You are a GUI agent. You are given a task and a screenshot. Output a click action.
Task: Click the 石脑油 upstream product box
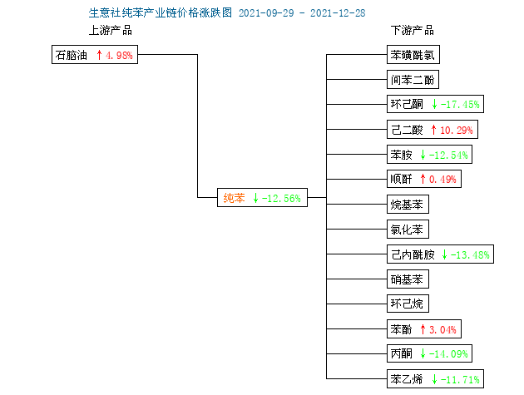[x=95, y=55]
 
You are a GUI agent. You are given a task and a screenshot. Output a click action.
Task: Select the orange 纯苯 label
[x=234, y=198]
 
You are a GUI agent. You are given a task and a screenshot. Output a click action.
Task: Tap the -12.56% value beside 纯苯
[x=281, y=198]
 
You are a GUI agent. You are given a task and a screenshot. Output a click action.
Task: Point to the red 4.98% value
[x=119, y=55]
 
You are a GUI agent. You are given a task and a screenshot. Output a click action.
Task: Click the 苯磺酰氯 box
[x=413, y=55]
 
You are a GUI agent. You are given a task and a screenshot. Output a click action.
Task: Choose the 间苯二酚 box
[x=413, y=80]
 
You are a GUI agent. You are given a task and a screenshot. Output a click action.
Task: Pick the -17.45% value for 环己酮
[x=460, y=104]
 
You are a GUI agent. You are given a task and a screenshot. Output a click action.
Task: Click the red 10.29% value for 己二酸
[x=456, y=130]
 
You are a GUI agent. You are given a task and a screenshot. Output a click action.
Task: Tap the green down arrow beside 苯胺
[x=423, y=155]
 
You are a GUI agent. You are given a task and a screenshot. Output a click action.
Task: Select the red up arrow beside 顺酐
[x=423, y=179]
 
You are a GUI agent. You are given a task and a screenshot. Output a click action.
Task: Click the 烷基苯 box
[x=408, y=205]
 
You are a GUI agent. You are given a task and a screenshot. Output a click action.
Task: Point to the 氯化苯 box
[x=408, y=229]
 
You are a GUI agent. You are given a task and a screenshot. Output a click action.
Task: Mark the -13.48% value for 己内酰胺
[x=470, y=254]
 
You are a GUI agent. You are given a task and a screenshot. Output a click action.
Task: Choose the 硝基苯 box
[x=408, y=279]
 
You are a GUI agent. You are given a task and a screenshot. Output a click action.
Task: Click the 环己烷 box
[x=408, y=304]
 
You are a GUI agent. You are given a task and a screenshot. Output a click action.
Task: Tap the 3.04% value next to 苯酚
[x=442, y=330]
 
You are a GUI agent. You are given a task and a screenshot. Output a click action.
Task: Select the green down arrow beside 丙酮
[x=423, y=353]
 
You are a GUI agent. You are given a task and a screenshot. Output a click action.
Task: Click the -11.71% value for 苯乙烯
[x=460, y=379]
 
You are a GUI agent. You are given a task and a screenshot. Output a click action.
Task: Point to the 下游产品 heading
[x=413, y=30]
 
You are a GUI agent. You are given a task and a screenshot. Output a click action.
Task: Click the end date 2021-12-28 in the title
[x=338, y=13]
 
